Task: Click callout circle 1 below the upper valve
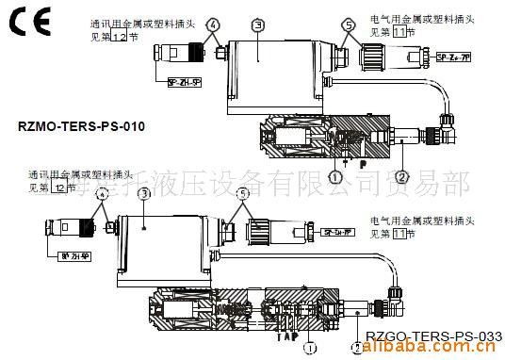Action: point(334,174)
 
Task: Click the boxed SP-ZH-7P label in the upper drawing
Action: point(455,58)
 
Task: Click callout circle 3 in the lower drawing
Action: point(143,193)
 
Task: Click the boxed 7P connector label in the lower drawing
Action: point(338,231)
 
